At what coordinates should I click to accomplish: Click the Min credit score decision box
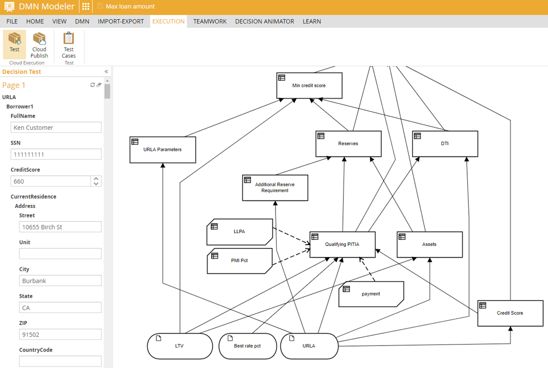click(309, 85)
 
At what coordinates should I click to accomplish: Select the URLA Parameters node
click(163, 149)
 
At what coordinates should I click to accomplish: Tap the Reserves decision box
click(348, 144)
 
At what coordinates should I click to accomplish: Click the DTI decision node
click(445, 144)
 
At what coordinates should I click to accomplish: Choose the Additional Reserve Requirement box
click(275, 188)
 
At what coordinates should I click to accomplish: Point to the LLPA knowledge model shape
click(239, 232)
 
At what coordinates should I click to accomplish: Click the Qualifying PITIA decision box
click(342, 244)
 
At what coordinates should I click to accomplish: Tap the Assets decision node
click(429, 244)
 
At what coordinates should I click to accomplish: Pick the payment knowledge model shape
click(371, 294)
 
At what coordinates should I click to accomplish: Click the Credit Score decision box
click(510, 313)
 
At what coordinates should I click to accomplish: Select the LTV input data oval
click(179, 346)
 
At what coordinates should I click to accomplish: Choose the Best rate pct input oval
click(247, 346)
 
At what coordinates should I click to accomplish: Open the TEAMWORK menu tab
click(210, 21)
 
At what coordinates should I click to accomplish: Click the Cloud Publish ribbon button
click(39, 45)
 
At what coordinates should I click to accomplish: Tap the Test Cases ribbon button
click(68, 45)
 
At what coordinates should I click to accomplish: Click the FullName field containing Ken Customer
click(56, 127)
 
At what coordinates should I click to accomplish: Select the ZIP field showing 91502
click(56, 335)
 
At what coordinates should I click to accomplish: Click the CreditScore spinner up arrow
click(96, 178)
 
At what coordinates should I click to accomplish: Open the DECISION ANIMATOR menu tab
click(264, 21)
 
